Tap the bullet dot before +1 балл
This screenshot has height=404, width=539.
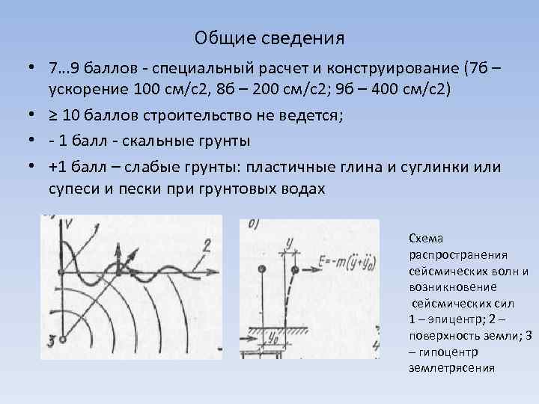click(x=32, y=165)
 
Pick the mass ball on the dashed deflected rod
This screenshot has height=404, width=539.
click(x=296, y=269)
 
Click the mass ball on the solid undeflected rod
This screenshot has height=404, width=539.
click(x=261, y=269)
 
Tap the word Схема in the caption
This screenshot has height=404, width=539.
click(x=426, y=238)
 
